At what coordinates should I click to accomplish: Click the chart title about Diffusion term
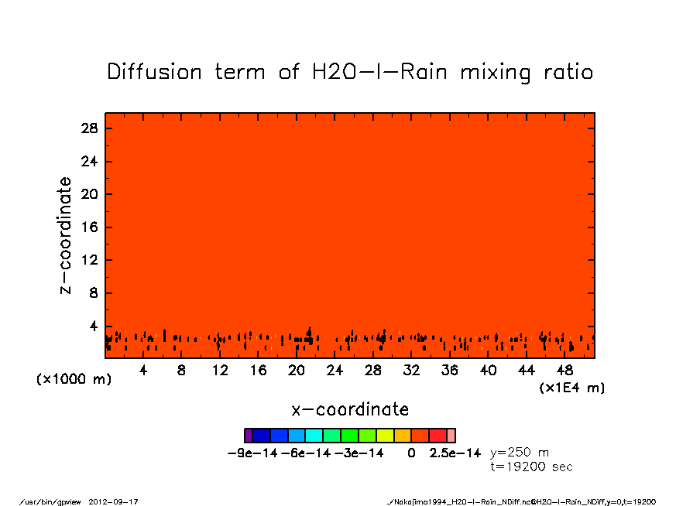[350, 72]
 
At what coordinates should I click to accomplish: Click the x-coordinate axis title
[350, 409]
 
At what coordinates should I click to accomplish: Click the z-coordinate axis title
[66, 235]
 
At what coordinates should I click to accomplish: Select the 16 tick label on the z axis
[89, 227]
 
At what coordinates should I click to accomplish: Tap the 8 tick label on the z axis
[93, 293]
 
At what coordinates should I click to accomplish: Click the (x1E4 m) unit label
[572, 388]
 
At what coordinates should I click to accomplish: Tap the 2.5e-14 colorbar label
[455, 453]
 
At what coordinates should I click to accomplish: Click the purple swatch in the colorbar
[249, 436]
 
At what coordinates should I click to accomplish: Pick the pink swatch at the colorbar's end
[451, 436]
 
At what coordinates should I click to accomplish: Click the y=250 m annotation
[520, 453]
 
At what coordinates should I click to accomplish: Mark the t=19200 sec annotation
[532, 467]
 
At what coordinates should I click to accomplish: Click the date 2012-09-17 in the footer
[119, 501]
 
